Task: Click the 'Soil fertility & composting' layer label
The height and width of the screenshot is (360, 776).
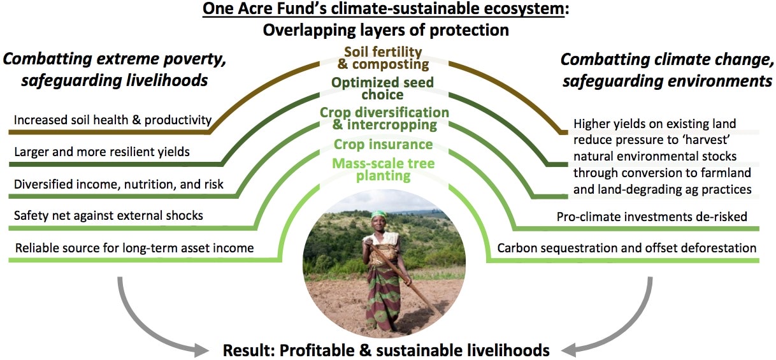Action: click(x=386, y=58)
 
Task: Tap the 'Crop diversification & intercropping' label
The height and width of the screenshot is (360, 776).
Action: click(x=384, y=119)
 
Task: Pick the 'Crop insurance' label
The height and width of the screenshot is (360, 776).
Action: click(x=384, y=145)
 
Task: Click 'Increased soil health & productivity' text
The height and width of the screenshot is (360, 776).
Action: click(x=113, y=120)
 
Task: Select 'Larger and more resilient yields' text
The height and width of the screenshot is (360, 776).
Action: click(x=102, y=152)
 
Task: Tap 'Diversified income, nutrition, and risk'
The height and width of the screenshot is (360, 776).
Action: click(x=119, y=184)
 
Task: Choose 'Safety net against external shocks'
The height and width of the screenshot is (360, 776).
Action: click(x=108, y=215)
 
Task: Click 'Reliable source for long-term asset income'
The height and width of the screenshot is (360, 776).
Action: click(x=134, y=247)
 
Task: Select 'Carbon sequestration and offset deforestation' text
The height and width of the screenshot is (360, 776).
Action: click(x=627, y=247)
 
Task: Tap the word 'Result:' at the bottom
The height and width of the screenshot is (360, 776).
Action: click(x=245, y=350)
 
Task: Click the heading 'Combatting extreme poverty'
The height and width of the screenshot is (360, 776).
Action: click(x=115, y=61)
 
